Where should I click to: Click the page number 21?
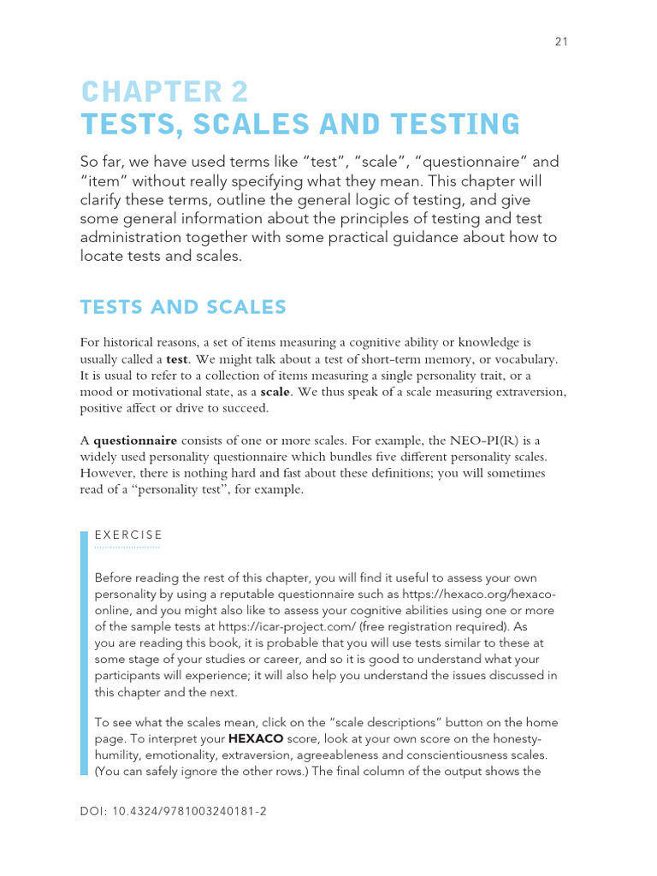coord(560,41)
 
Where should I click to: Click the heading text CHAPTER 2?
coord(164,92)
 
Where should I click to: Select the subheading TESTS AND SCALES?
coord(183,307)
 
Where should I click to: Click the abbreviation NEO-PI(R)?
coord(474,441)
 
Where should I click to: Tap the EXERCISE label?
coord(128,536)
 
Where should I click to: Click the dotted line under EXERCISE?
coord(127,546)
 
